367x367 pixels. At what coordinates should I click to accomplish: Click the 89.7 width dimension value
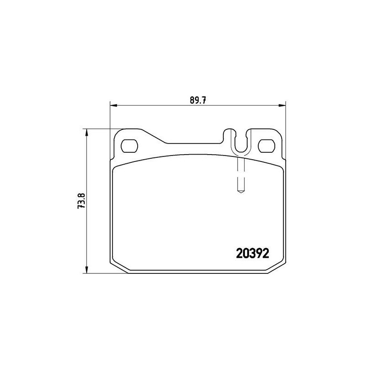click(198, 100)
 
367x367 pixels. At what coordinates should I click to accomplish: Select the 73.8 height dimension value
click(83, 201)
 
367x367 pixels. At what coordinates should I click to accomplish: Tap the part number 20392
click(253, 253)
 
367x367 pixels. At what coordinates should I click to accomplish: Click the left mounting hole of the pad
click(129, 146)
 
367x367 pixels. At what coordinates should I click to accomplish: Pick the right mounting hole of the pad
click(267, 146)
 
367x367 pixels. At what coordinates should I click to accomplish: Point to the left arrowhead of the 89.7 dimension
click(113, 106)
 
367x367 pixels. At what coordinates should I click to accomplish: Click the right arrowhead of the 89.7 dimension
click(282, 106)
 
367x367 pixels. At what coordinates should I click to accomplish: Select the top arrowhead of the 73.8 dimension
click(87, 132)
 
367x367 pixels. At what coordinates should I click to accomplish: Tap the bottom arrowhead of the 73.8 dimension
click(87, 270)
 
